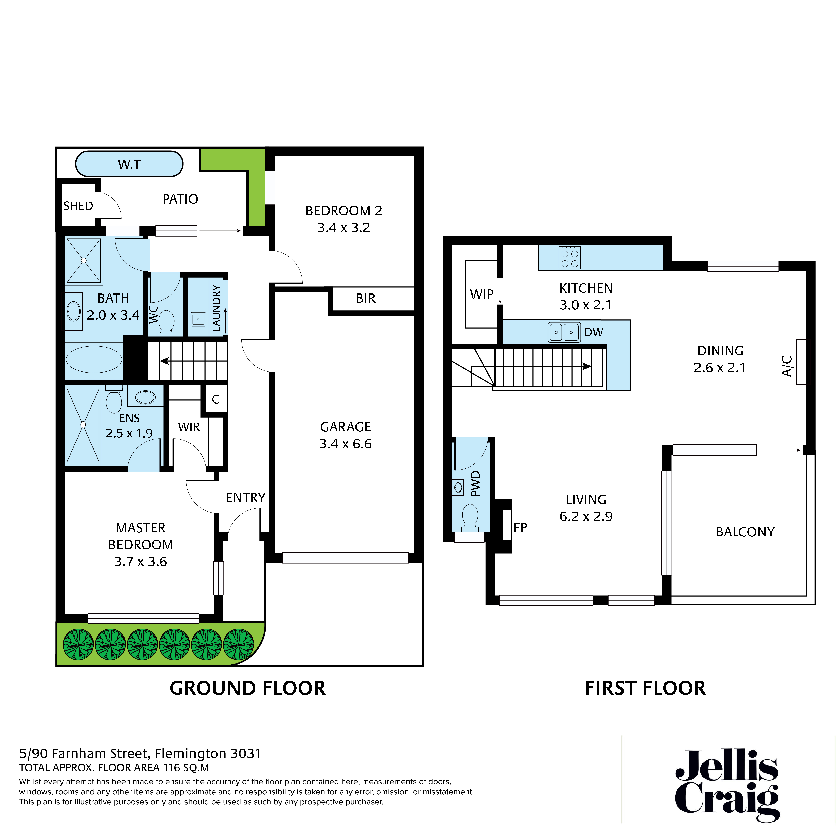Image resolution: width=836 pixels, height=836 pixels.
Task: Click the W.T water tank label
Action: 129,164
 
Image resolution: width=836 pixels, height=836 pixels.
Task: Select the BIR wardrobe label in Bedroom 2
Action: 366,299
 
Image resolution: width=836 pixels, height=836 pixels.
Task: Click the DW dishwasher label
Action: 594,332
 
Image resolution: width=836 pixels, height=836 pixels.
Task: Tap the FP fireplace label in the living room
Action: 520,528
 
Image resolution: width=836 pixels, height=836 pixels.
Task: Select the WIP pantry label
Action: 482,294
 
